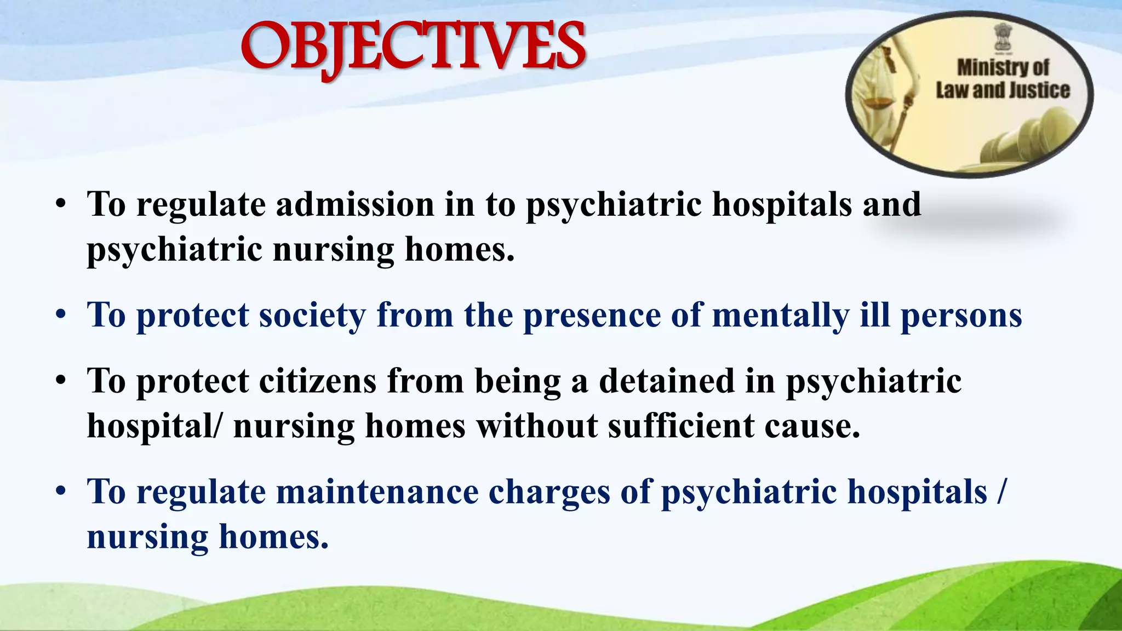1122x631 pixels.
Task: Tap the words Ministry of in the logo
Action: point(1002,68)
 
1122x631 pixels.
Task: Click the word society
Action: point(312,315)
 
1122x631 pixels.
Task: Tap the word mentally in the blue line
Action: point(780,317)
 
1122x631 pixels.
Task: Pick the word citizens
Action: point(318,381)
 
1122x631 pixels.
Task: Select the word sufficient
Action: point(681,426)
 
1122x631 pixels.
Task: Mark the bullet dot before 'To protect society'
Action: point(61,317)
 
